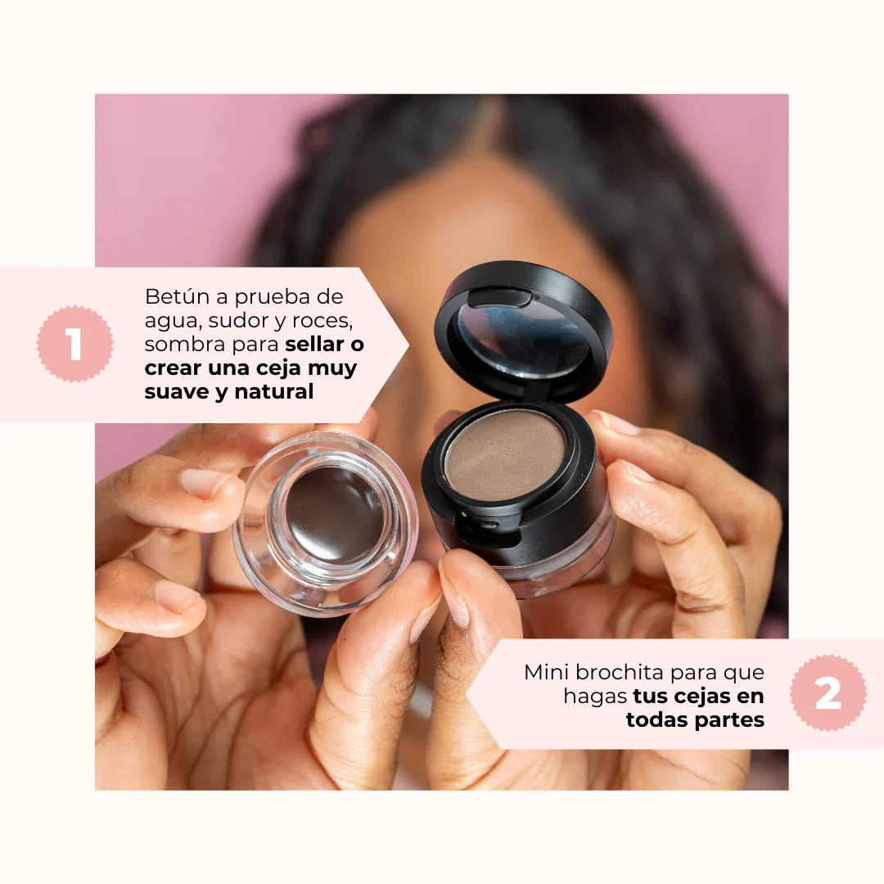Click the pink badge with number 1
(x=74, y=345)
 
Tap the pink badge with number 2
(x=828, y=693)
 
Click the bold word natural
(x=273, y=392)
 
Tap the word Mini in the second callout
(x=547, y=673)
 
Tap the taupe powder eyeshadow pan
(x=504, y=454)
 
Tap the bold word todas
(x=655, y=719)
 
